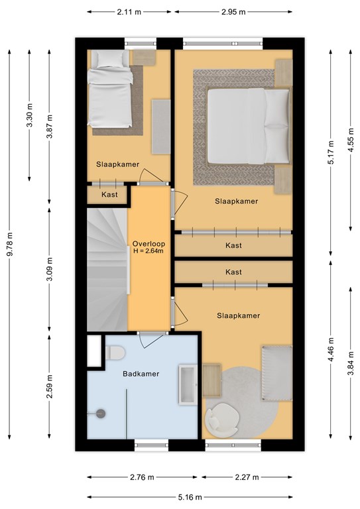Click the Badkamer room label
pyautogui.click(x=141, y=374)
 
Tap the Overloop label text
pyautogui.click(x=149, y=244)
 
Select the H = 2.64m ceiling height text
pyautogui.click(x=149, y=251)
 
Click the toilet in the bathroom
pyautogui.click(x=115, y=353)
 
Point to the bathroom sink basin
pyautogui.click(x=188, y=384)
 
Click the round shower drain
pyautogui.click(x=101, y=414)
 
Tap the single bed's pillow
pyautogui.click(x=110, y=59)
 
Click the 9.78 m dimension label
pyautogui.click(x=10, y=244)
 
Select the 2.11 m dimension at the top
pyautogui.click(x=129, y=12)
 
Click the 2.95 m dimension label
pyautogui.click(x=233, y=12)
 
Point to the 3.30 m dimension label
pyautogui.click(x=30, y=115)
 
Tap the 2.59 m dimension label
pyautogui.click(x=49, y=386)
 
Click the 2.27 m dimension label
pyautogui.click(x=247, y=477)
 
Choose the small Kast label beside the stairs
pyautogui.click(x=109, y=195)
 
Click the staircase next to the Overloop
pyautogui.click(x=107, y=270)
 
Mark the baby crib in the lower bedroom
pyautogui.click(x=277, y=373)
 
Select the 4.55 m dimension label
pyautogui.click(x=351, y=141)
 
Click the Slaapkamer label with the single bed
pyautogui.click(x=118, y=164)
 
